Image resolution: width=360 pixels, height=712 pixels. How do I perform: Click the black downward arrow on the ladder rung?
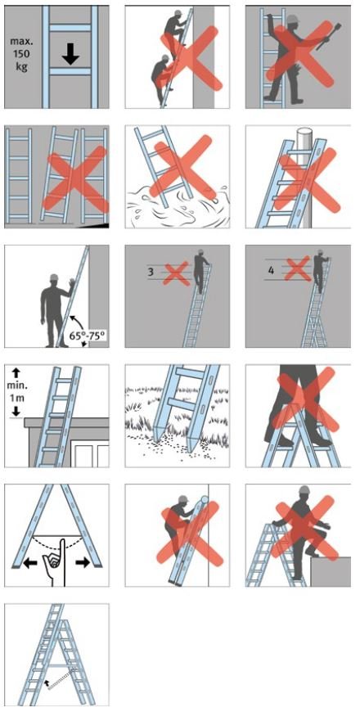tap(70, 53)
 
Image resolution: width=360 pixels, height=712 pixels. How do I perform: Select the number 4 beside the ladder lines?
tap(271, 270)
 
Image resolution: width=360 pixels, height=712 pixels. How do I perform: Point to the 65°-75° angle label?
tap(88, 336)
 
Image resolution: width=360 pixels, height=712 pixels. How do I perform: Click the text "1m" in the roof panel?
tap(16, 400)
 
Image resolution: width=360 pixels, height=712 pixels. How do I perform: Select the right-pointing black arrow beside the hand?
tap(83, 562)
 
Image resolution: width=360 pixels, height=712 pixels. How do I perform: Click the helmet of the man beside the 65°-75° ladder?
tap(54, 277)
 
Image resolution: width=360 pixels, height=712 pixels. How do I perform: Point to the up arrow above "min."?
tap(16, 372)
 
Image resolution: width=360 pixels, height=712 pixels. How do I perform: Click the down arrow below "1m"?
tap(16, 411)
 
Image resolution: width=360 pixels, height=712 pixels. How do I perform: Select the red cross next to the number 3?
tap(176, 273)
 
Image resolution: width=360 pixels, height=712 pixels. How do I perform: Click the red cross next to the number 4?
tap(297, 268)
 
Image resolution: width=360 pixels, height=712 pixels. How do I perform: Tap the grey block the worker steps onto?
tap(331, 571)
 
